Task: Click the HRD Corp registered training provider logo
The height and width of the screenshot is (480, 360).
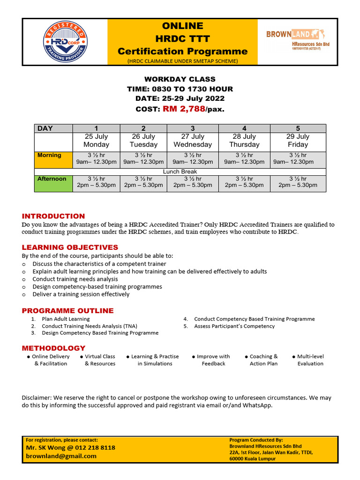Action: (66, 42)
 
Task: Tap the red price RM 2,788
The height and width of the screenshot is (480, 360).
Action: (184, 109)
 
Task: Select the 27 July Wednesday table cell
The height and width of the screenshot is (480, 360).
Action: (193, 141)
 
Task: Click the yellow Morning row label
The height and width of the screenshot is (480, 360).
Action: (52, 159)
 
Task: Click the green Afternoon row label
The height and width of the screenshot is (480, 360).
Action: (52, 182)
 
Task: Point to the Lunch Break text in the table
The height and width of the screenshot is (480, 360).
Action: (180, 172)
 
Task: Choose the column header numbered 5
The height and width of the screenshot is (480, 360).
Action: (298, 128)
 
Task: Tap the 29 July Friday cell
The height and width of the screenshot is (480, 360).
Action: (298, 141)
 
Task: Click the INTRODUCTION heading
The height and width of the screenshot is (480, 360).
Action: (53, 216)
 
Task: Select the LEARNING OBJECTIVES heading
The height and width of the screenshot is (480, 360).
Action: (70, 247)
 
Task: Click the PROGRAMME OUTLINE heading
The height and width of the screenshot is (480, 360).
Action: (67, 310)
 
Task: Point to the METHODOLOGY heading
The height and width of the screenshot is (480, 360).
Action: (53, 348)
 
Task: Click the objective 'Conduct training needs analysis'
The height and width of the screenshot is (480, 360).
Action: (75, 279)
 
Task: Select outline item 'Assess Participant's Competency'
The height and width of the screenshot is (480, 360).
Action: (234, 326)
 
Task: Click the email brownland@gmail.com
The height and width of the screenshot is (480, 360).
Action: (61, 456)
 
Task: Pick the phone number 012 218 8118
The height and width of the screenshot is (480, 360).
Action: (91, 448)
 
